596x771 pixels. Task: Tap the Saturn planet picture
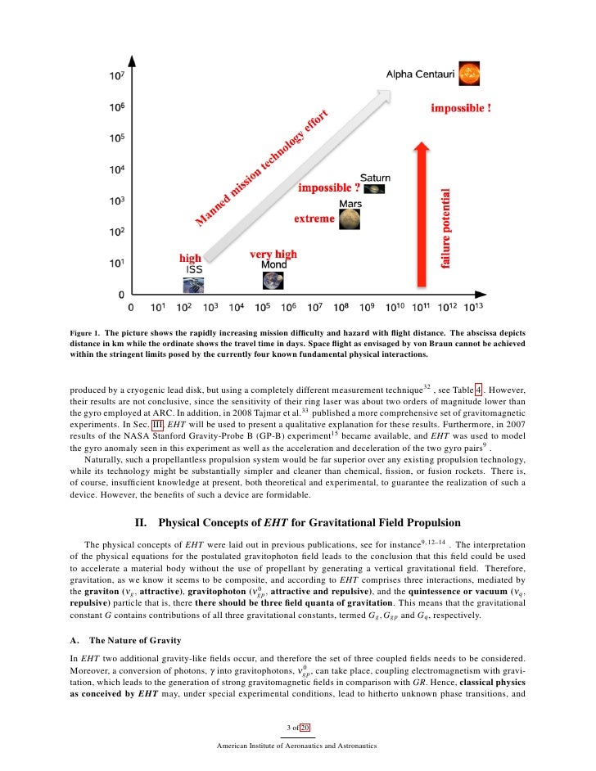374,189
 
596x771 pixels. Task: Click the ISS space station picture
194,284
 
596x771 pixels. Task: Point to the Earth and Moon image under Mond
273,281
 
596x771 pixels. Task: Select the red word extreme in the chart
314,219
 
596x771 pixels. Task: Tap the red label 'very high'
273,255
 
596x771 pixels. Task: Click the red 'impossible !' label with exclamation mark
461,107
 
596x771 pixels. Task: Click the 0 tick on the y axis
121,293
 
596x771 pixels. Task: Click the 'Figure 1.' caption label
84,333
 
